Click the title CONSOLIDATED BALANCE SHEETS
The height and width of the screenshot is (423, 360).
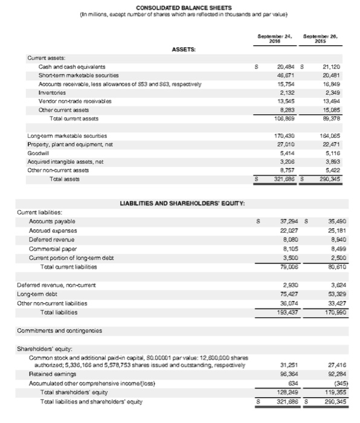pyautogui.click(x=179, y=7)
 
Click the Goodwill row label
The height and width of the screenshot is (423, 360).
pyautogui.click(x=39, y=155)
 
